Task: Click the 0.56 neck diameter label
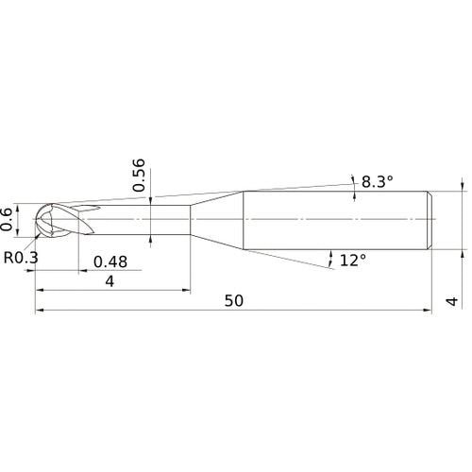(140, 176)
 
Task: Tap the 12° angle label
(351, 259)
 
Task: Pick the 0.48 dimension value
(111, 261)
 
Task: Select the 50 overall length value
(234, 300)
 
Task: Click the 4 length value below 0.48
(111, 282)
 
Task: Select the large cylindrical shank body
(335, 220)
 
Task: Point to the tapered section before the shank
(216, 220)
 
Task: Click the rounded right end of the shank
(431, 220)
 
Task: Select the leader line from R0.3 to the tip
(34, 240)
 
